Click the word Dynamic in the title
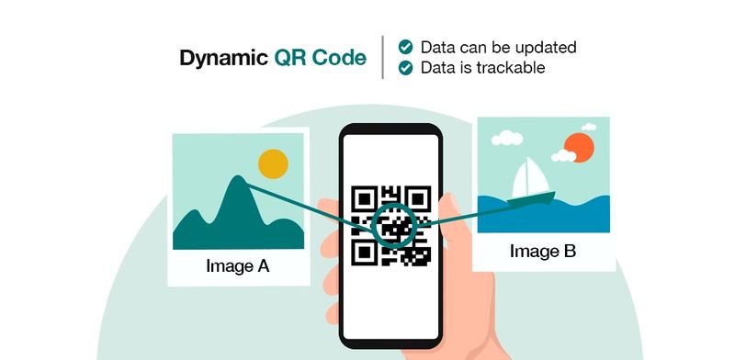click(x=222, y=59)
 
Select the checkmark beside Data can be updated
click(x=404, y=47)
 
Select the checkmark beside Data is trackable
click(x=404, y=67)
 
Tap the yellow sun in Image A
click(x=273, y=164)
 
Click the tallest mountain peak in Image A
click(x=238, y=181)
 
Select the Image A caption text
click(x=237, y=267)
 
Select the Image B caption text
click(x=543, y=250)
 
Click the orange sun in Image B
click(x=580, y=146)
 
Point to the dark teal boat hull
click(x=532, y=197)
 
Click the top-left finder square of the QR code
click(x=365, y=197)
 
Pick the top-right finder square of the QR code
click(x=419, y=197)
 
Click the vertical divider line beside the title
click(x=383, y=57)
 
